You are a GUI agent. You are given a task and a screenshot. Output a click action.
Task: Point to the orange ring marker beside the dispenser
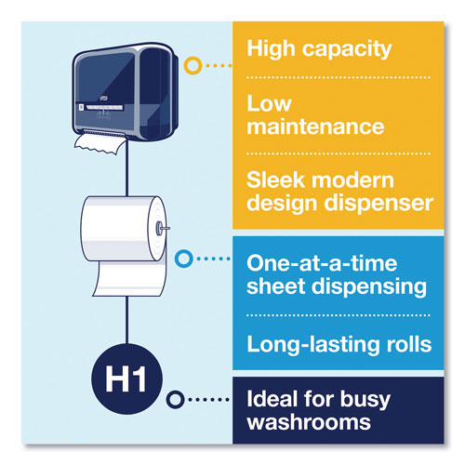pos(193,66)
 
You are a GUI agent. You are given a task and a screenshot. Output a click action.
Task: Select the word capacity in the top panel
pos(351,48)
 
